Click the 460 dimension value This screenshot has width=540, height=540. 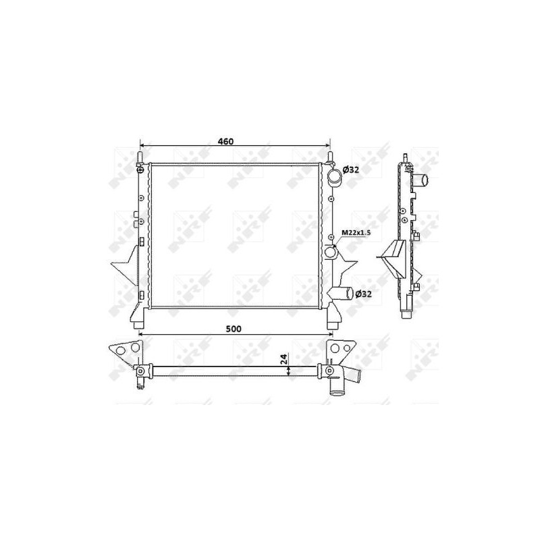point(225,142)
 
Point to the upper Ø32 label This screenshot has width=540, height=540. point(351,169)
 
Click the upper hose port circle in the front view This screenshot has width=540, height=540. point(335,178)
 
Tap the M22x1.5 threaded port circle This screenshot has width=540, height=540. point(330,253)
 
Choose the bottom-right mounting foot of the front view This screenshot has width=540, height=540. point(331,315)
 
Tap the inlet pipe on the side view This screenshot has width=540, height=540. point(423,180)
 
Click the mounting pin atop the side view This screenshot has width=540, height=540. point(404,157)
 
